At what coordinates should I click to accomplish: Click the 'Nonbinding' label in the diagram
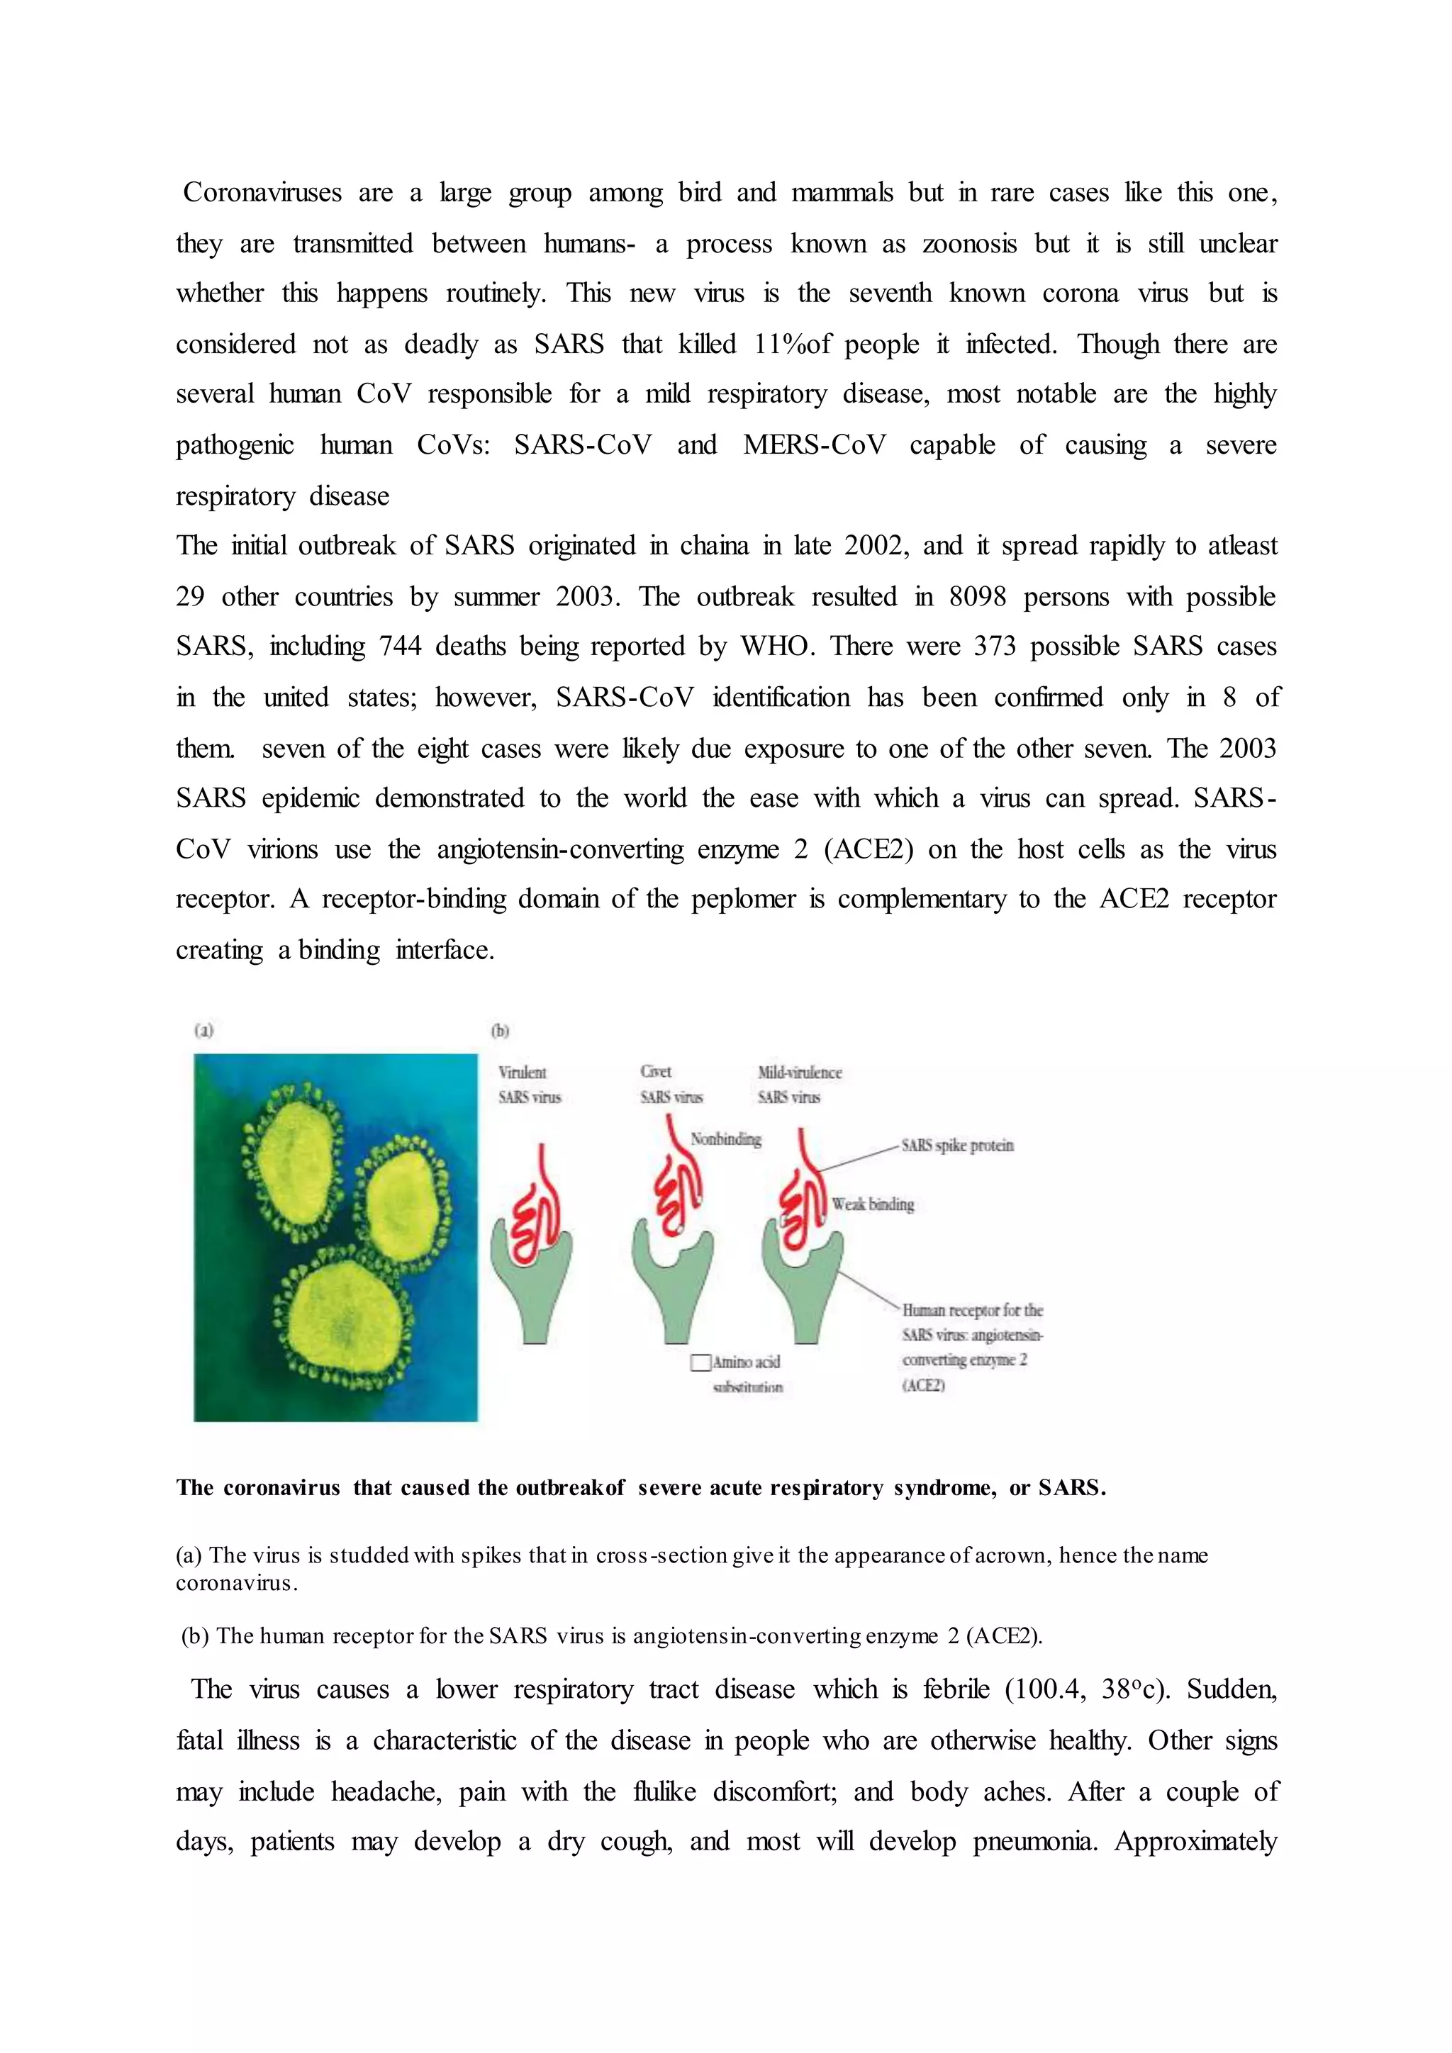click(725, 1139)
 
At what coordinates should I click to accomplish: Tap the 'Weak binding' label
click(873, 1204)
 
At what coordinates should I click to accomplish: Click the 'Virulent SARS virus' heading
click(530, 1084)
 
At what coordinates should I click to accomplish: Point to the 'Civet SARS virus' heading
click(671, 1084)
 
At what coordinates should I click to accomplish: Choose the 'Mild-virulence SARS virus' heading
click(799, 1084)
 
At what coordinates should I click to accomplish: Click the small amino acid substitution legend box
click(700, 1363)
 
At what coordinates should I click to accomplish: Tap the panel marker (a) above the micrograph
click(204, 1030)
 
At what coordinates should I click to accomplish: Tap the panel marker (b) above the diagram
click(500, 1030)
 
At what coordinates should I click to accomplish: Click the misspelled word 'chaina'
click(713, 545)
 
